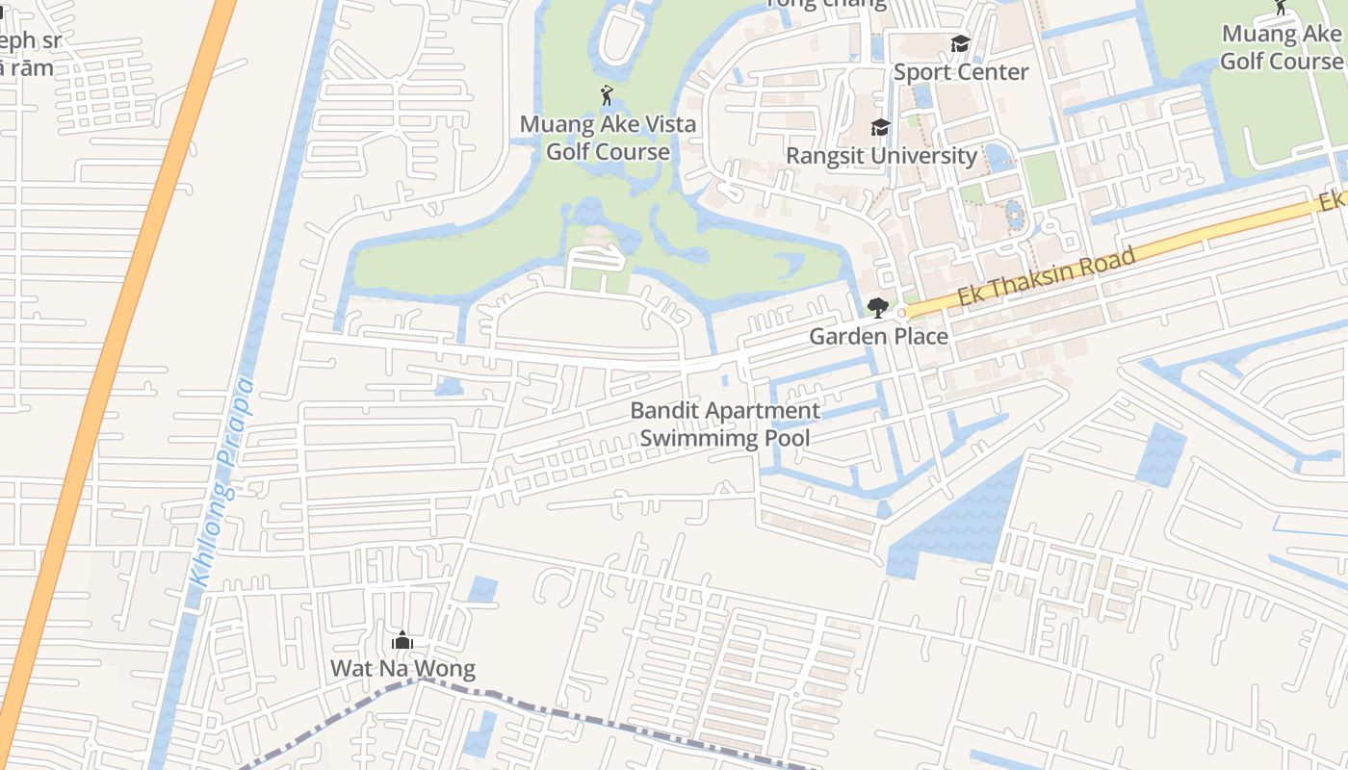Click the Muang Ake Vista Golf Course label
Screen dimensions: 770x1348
point(608,138)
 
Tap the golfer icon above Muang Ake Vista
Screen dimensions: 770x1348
point(607,95)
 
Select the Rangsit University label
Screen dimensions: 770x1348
point(881,156)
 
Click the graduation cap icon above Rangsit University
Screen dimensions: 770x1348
point(880,127)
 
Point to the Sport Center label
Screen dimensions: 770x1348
point(960,72)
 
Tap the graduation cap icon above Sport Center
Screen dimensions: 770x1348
point(960,44)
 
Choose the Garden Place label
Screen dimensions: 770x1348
point(878,336)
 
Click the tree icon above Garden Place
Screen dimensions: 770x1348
point(877,308)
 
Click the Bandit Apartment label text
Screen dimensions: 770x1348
point(725,411)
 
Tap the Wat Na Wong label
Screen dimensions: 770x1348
point(402,669)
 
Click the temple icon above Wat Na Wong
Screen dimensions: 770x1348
point(402,641)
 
